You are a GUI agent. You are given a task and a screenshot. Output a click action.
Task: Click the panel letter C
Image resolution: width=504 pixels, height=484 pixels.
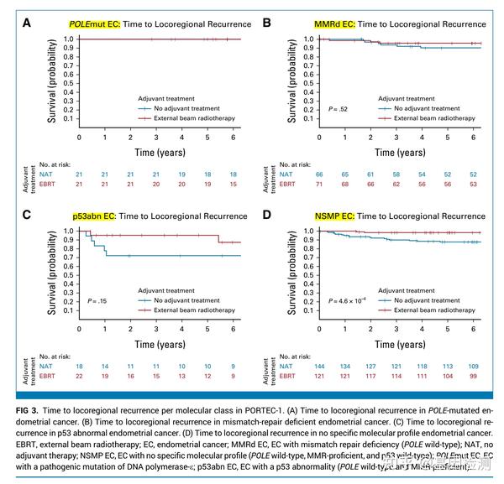(26, 216)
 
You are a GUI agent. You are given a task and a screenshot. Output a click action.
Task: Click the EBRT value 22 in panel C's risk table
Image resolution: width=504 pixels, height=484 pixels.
(80, 376)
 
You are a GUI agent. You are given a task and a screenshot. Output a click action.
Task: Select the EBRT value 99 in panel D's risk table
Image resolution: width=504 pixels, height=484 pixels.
(475, 376)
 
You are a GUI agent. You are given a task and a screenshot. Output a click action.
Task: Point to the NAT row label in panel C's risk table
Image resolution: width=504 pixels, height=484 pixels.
(47, 366)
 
